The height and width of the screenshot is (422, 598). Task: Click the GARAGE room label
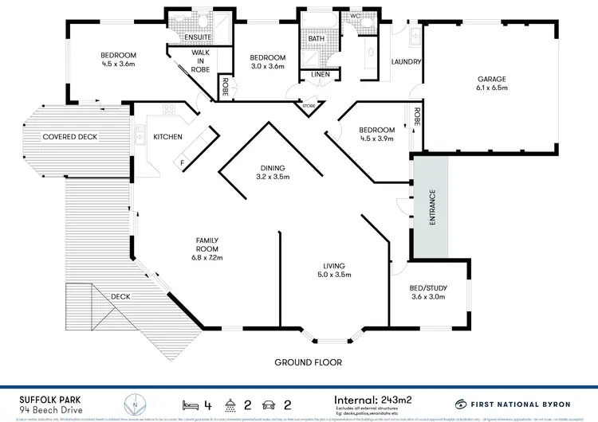[x=492, y=79]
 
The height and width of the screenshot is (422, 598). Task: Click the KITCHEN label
[x=167, y=137]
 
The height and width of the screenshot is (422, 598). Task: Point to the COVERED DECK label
[x=70, y=137]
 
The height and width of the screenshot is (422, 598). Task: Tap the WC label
[x=356, y=15]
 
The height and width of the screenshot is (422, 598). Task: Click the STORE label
[x=308, y=104]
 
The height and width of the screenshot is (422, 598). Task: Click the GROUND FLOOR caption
[x=308, y=362]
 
